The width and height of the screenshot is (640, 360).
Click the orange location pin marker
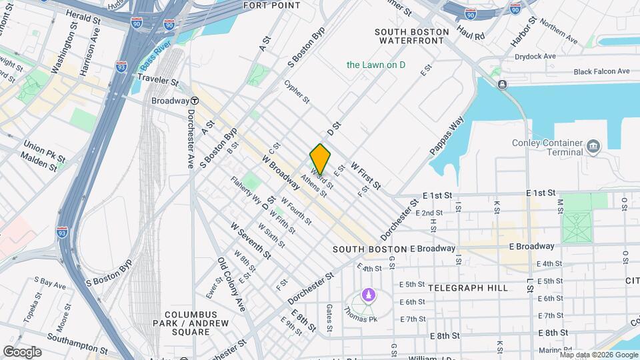320,159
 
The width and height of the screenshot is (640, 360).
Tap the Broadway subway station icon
194,101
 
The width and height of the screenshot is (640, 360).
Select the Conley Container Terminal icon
593,145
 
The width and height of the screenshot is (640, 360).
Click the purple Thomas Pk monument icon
367,295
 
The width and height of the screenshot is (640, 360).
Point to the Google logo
22,351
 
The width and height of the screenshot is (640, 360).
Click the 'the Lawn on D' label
376,65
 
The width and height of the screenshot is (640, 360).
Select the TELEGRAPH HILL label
467,288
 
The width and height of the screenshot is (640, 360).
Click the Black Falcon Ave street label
601,71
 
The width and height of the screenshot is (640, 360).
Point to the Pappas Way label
446,137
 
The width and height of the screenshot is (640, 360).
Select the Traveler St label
158,81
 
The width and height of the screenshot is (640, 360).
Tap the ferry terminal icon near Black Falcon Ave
501,84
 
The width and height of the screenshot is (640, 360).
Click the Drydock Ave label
539,57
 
